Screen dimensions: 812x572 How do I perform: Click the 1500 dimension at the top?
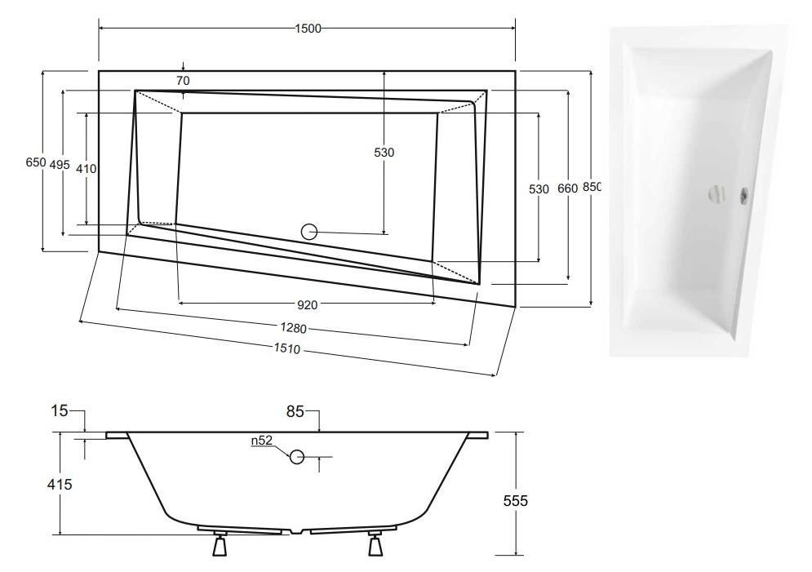pos(308,29)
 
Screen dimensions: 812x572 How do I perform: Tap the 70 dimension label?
pos(183,81)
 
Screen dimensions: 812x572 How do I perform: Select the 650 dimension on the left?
pos(36,162)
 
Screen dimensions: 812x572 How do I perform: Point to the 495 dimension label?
pos(60,165)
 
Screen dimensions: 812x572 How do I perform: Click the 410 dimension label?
pos(86,169)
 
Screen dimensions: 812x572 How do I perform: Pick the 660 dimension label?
pos(567,189)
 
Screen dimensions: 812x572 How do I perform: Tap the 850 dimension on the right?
pos(592,187)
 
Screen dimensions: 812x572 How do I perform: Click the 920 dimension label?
pos(308,305)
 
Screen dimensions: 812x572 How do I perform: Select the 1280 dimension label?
pos(294,328)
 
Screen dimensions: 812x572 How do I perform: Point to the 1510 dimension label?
pos(287,349)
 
